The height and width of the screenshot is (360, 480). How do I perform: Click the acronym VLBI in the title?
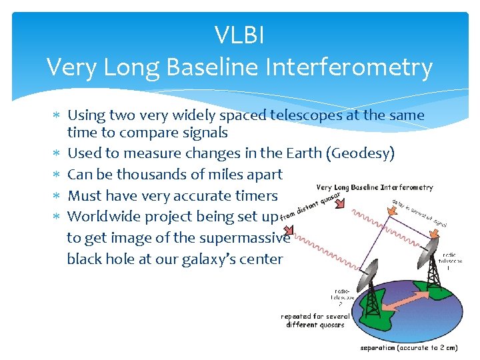239,35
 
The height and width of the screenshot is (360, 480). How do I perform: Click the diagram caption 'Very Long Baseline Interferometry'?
375,188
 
